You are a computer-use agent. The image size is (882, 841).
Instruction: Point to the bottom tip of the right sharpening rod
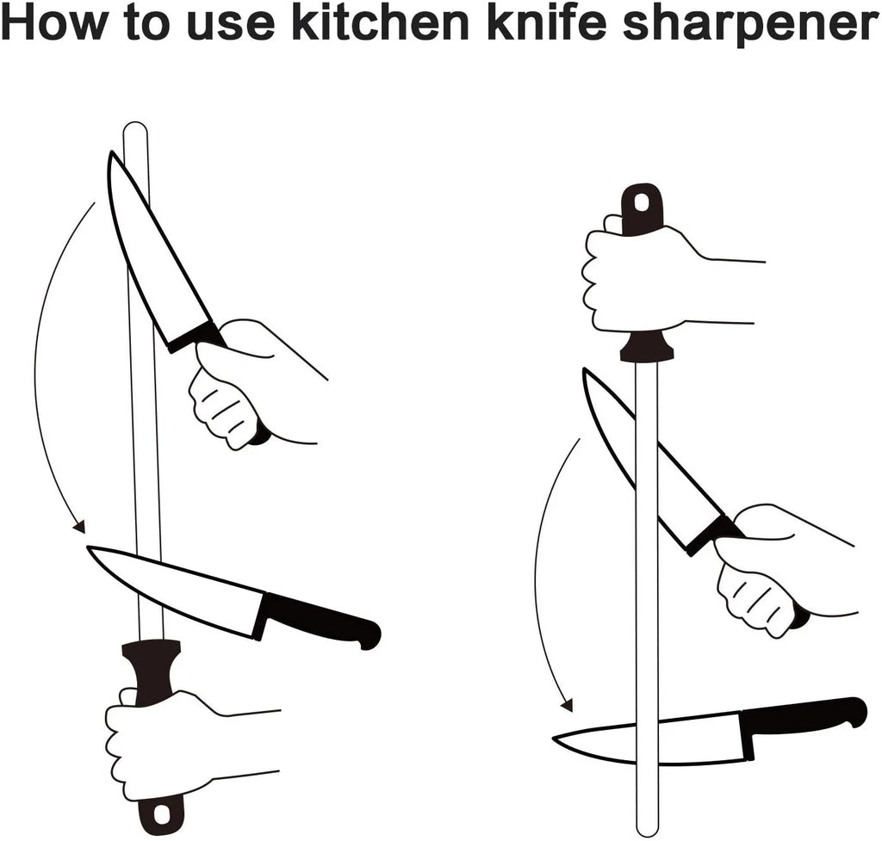[646, 828]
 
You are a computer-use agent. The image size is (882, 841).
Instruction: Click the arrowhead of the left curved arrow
[79, 526]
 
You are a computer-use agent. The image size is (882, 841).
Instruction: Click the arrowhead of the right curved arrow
[566, 705]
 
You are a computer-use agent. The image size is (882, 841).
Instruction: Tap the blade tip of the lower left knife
[91, 550]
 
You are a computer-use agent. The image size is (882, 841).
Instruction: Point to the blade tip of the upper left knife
[111, 156]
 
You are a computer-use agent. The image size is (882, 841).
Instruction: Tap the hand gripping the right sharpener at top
[637, 280]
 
